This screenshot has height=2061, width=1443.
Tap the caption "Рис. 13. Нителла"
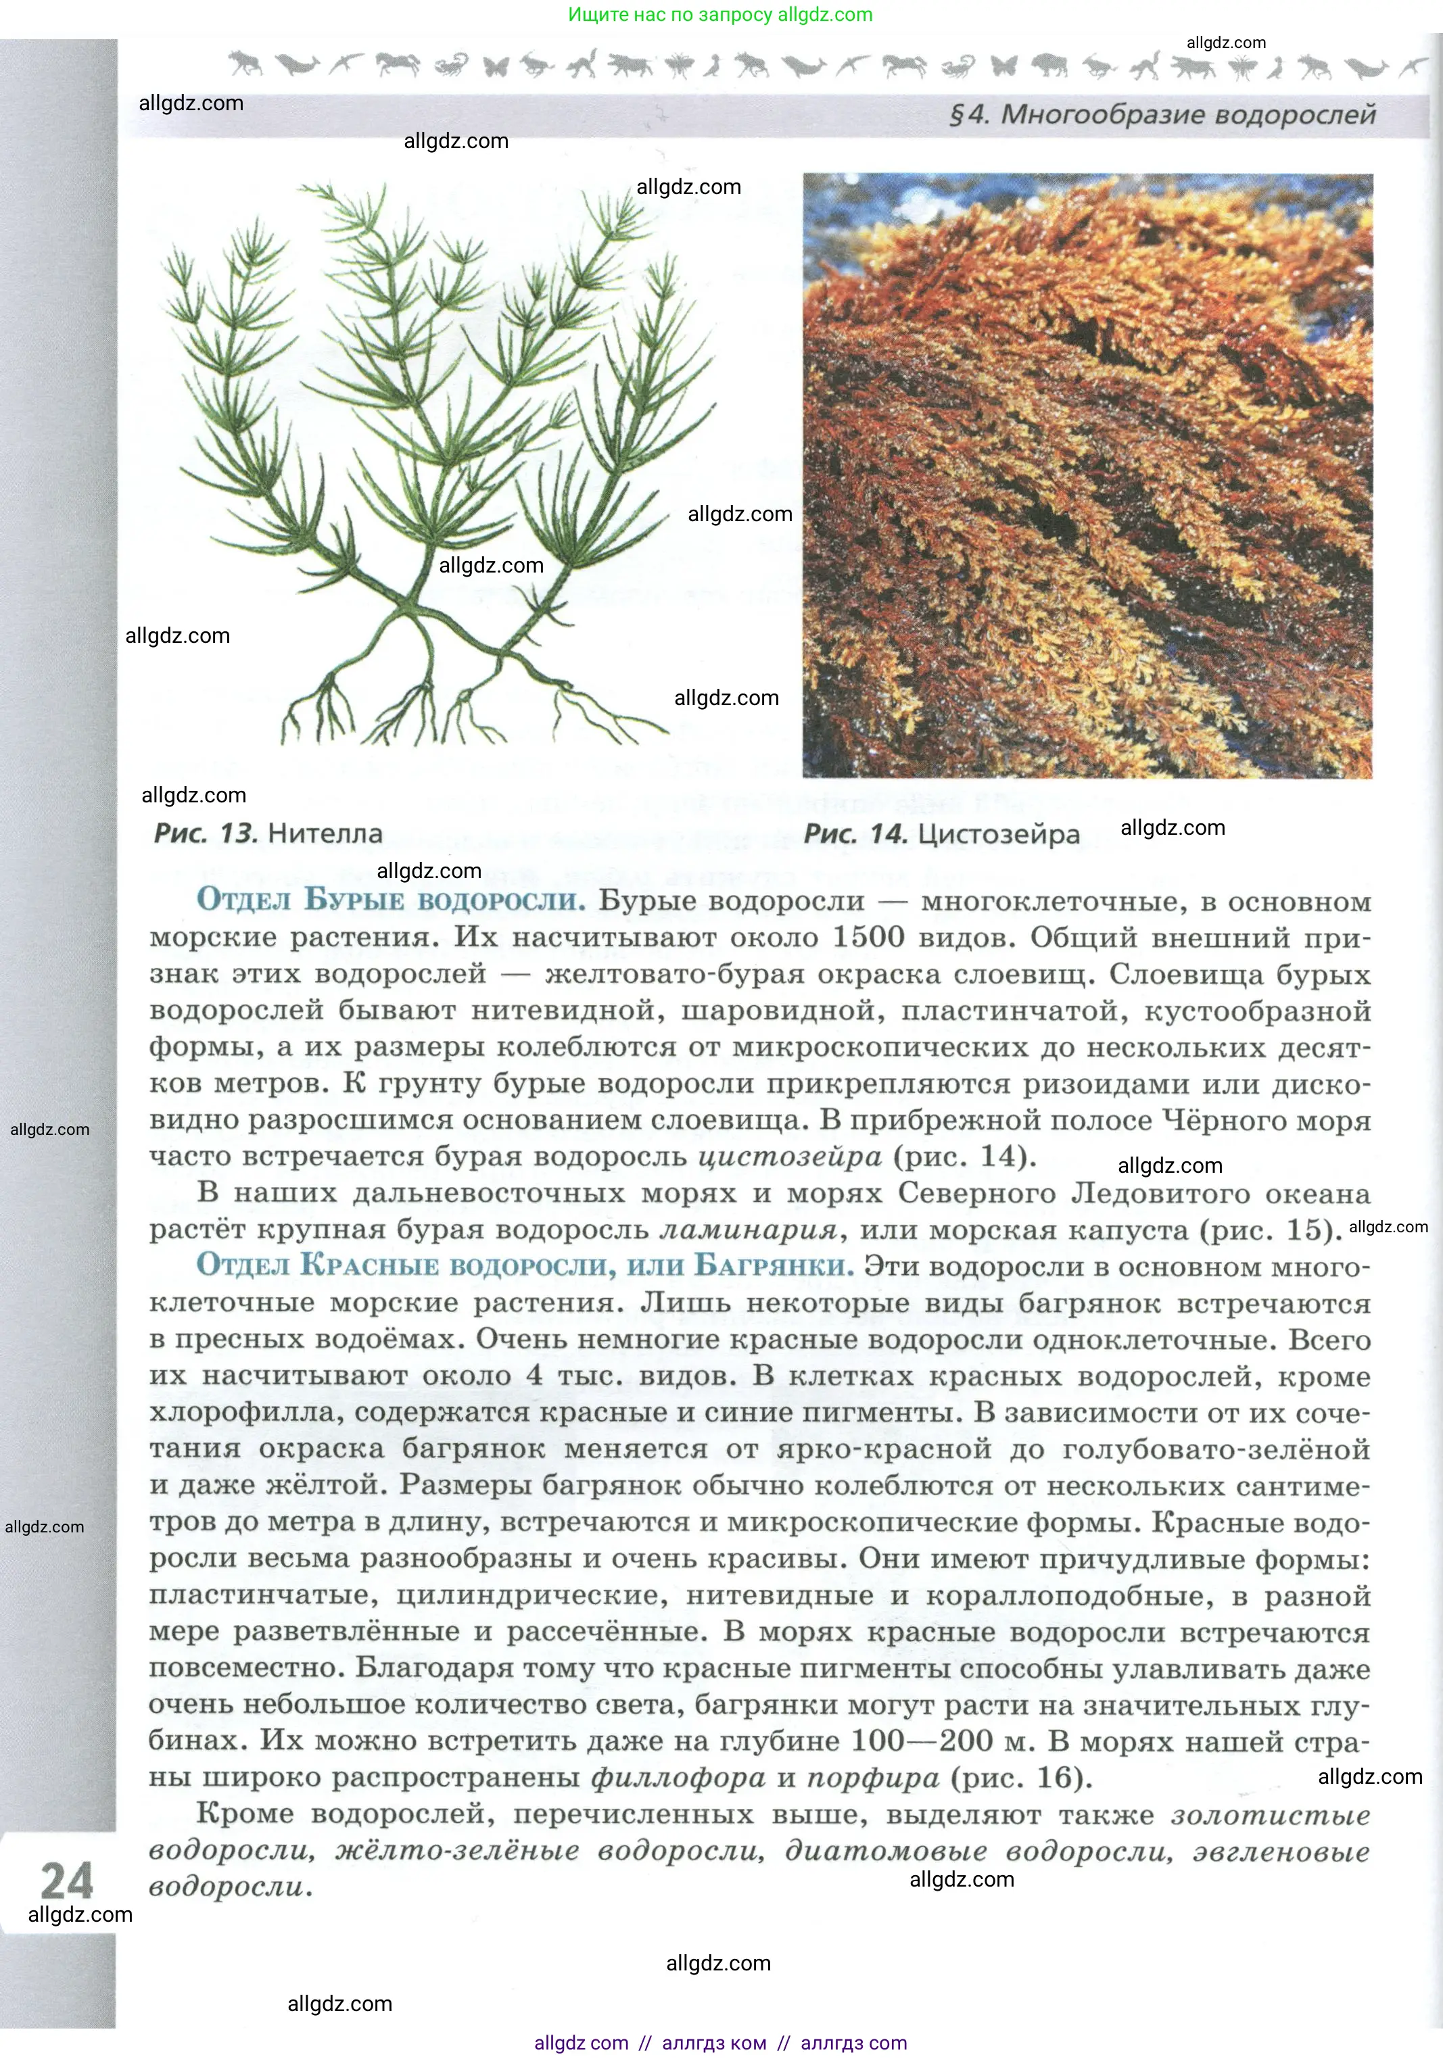click(x=268, y=833)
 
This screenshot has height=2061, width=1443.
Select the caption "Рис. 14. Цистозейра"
click(x=941, y=834)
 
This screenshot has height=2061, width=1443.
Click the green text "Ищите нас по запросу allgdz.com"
click(x=720, y=14)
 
